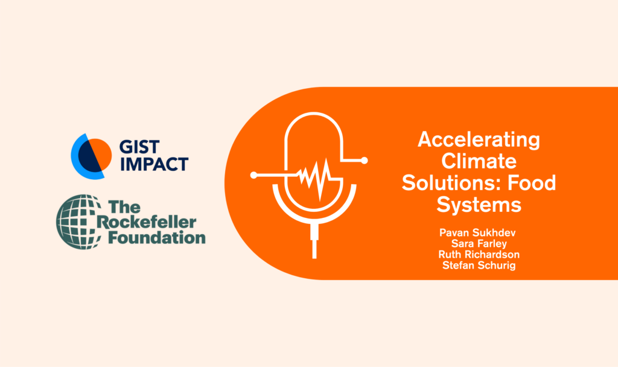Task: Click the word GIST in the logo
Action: point(139,147)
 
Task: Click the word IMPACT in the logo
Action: point(154,164)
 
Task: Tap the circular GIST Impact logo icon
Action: point(91,156)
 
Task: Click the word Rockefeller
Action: point(147,222)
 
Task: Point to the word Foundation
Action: point(157,238)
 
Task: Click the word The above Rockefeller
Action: point(124,206)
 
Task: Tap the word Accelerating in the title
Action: point(479,140)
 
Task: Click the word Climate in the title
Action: point(479,161)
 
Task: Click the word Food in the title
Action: point(531,183)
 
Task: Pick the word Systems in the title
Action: point(479,205)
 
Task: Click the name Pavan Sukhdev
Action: point(477,232)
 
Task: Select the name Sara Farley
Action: point(479,244)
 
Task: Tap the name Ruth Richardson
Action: point(479,254)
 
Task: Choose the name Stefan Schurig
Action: point(479,266)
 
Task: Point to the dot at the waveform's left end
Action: point(254,175)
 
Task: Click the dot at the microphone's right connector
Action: point(364,161)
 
